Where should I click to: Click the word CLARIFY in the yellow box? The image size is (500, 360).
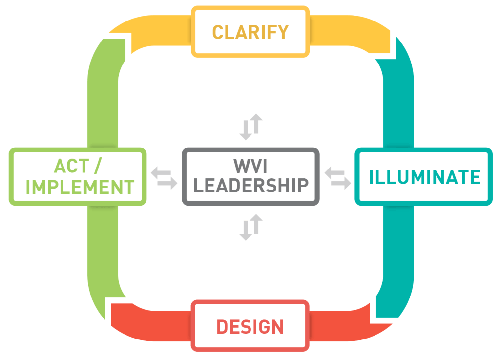pos(250,32)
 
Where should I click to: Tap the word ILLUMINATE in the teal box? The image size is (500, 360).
pos(425,177)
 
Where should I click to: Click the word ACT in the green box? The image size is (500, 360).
pos(72,166)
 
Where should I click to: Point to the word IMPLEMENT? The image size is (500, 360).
pos(80,187)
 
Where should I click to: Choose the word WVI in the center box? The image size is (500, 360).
pos(250,166)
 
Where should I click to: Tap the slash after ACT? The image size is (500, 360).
pos(97,166)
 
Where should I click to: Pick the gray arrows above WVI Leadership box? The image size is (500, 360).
pos(250,127)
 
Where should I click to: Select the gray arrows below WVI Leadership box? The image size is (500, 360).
pos(250,228)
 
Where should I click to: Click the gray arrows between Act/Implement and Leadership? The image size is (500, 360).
pos(164,177)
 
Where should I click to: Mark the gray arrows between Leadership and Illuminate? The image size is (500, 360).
pos(338,177)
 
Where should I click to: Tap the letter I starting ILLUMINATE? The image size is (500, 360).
pos(372,177)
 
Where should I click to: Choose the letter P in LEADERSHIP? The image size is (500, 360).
pos(303,186)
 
